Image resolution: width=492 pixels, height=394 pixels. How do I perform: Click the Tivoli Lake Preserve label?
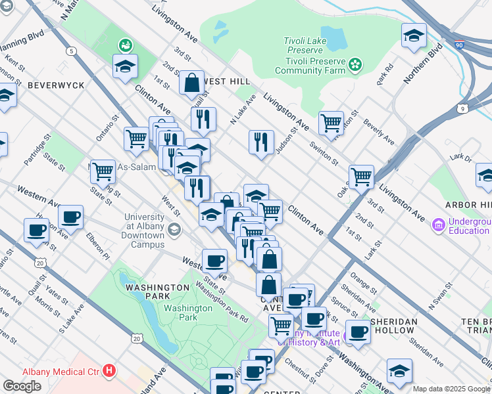[x=303, y=45]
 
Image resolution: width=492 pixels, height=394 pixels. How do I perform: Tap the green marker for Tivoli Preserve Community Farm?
[x=355, y=64]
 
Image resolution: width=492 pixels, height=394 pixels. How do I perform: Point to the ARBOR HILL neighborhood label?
[x=468, y=205]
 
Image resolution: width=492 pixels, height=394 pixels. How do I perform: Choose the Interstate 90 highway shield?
[x=458, y=45]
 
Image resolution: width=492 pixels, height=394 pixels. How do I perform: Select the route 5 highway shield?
[x=70, y=51]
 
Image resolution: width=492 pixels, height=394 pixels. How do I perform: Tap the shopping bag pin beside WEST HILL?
[x=191, y=83]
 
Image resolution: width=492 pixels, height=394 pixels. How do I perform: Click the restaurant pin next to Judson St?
[x=261, y=141]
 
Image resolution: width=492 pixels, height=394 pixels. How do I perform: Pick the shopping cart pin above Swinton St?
[x=331, y=122]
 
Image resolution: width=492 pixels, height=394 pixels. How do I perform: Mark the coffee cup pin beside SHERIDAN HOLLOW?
[x=358, y=332]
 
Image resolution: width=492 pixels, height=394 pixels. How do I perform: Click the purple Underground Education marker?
[x=438, y=226]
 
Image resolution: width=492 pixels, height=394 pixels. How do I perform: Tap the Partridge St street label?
[x=37, y=150]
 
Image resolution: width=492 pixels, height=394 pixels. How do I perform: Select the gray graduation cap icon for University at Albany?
[x=174, y=229]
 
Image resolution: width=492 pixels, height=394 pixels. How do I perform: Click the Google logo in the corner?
[x=22, y=386]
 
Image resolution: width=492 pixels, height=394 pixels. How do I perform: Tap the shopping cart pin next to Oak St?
[x=361, y=176]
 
